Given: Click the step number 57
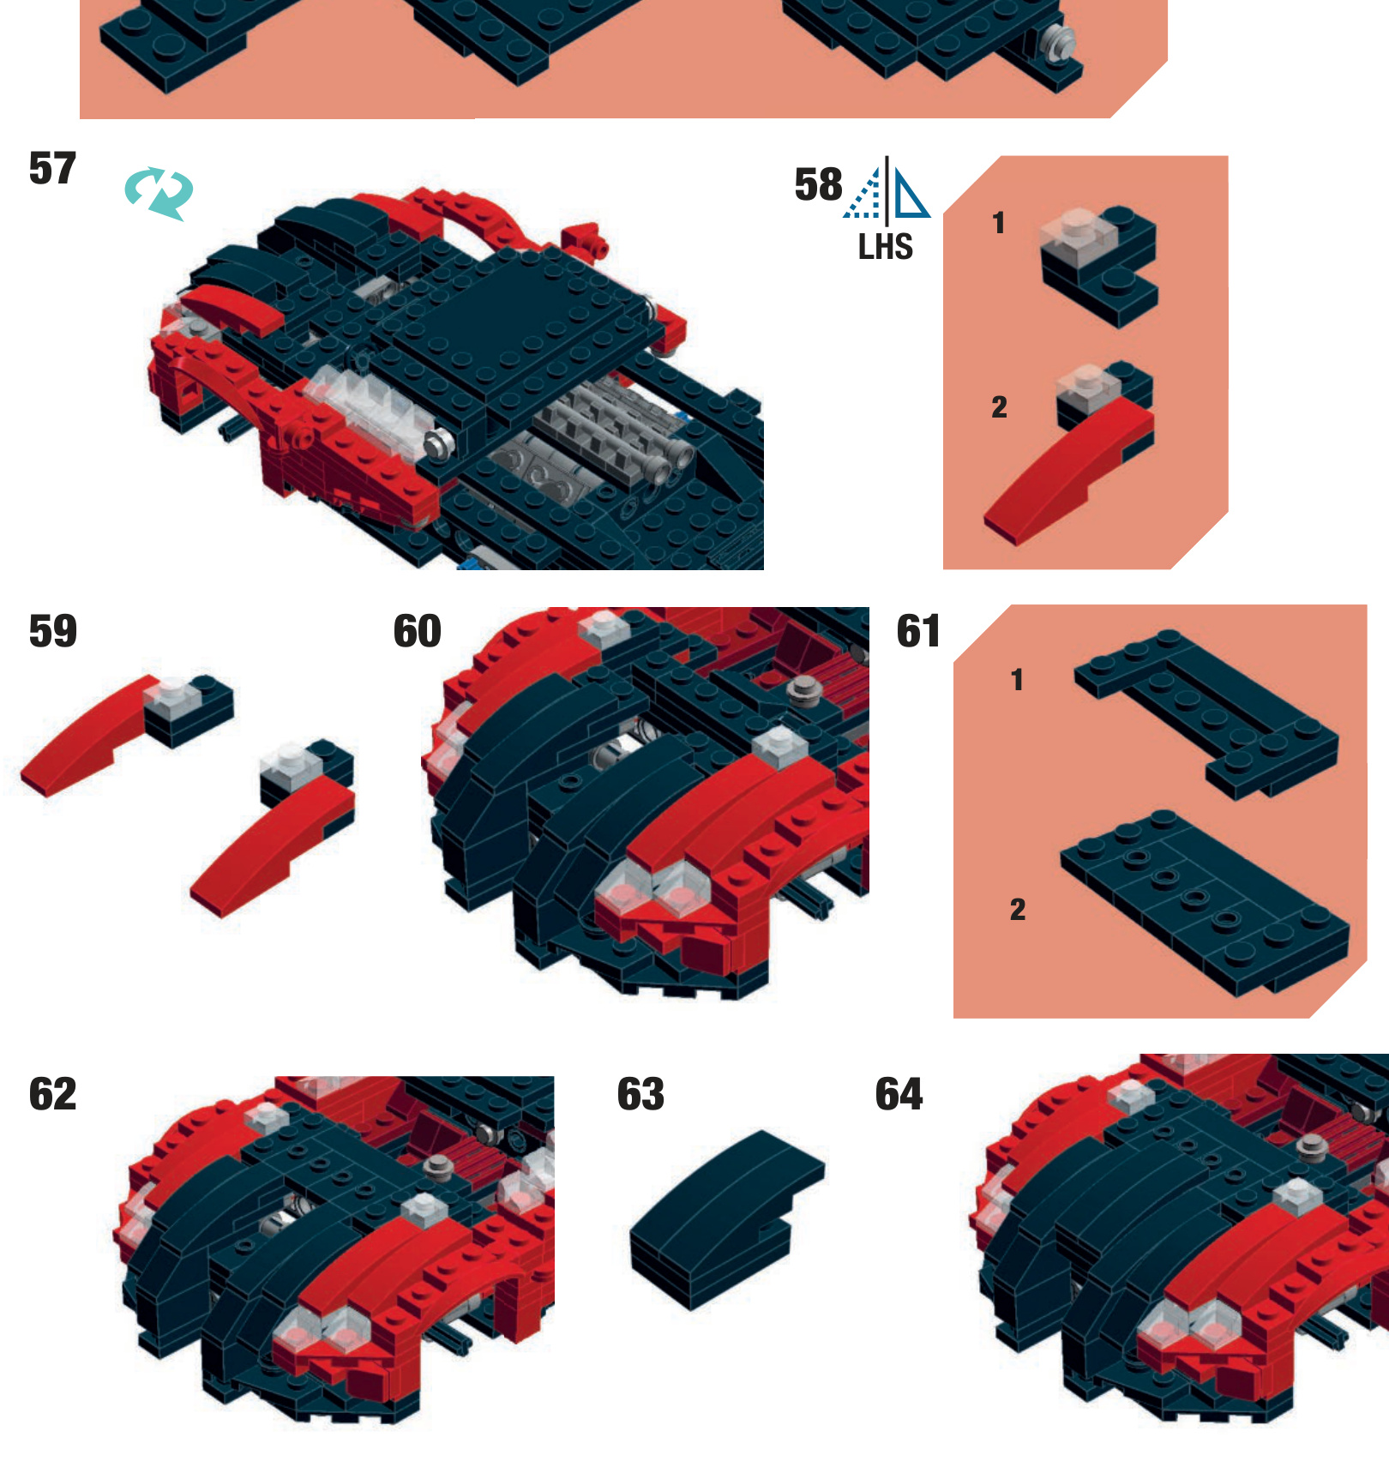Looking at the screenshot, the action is (x=52, y=168).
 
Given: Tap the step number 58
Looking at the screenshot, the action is (x=818, y=184).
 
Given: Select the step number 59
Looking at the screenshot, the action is (x=52, y=631).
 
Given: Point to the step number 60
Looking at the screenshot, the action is (x=417, y=631).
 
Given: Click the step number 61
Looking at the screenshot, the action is (x=918, y=631).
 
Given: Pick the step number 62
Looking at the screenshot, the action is (x=52, y=1094).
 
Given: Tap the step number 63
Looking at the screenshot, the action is (x=640, y=1094).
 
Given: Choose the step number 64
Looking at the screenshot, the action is (x=899, y=1094).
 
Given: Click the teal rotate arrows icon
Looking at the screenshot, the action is (x=159, y=193).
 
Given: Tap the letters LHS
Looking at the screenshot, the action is (x=886, y=247).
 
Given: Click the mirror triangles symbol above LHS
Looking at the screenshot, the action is (x=887, y=189).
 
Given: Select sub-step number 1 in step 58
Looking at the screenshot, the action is (x=999, y=223).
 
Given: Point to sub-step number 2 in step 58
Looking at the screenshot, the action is (x=999, y=406).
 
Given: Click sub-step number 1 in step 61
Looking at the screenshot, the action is (x=1017, y=680).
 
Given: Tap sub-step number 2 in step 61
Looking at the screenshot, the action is (x=1018, y=909).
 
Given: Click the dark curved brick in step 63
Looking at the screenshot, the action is (x=727, y=1219).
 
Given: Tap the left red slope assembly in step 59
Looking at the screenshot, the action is (x=127, y=734).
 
